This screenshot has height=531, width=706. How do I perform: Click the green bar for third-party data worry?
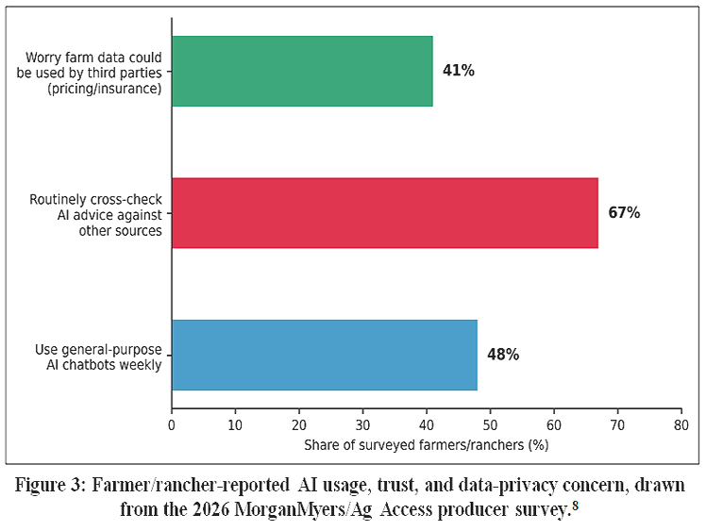click(x=302, y=71)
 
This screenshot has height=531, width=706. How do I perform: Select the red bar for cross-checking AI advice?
click(x=385, y=213)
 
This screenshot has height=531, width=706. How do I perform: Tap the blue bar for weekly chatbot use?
click(x=325, y=355)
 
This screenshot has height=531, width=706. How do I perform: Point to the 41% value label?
click(x=459, y=71)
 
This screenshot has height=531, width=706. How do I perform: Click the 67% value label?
click(x=624, y=212)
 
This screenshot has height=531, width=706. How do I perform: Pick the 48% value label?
click(x=503, y=355)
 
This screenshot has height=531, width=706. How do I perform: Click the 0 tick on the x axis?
click(x=172, y=424)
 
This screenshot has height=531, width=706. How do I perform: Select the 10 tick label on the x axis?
click(x=235, y=424)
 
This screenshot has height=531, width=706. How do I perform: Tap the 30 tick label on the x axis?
click(x=362, y=424)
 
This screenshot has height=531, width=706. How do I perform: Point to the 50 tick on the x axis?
click(x=490, y=424)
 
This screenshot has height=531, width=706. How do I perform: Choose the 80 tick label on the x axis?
click(x=681, y=424)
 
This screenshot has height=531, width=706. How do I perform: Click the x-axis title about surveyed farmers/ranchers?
click(x=427, y=445)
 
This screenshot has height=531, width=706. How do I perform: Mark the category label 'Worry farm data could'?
click(x=93, y=58)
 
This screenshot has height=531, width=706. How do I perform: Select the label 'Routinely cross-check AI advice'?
click(x=95, y=207)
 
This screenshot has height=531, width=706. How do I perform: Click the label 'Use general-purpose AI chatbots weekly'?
click(x=98, y=357)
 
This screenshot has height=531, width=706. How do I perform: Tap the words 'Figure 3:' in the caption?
click(x=49, y=485)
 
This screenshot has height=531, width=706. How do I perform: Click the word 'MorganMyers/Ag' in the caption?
click(x=305, y=509)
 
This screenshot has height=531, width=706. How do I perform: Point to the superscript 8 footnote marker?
click(x=575, y=505)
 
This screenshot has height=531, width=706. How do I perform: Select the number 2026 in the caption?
click(x=211, y=509)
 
